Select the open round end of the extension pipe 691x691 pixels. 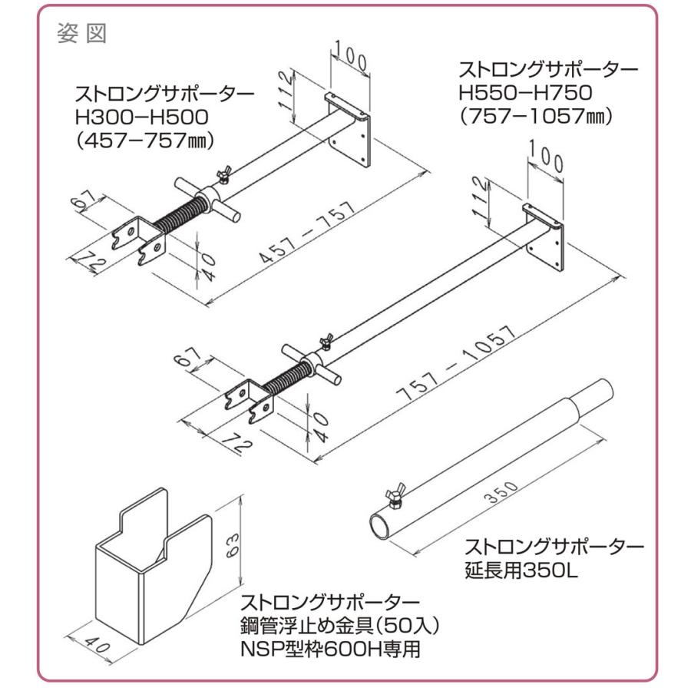pyautogui.click(x=381, y=528)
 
